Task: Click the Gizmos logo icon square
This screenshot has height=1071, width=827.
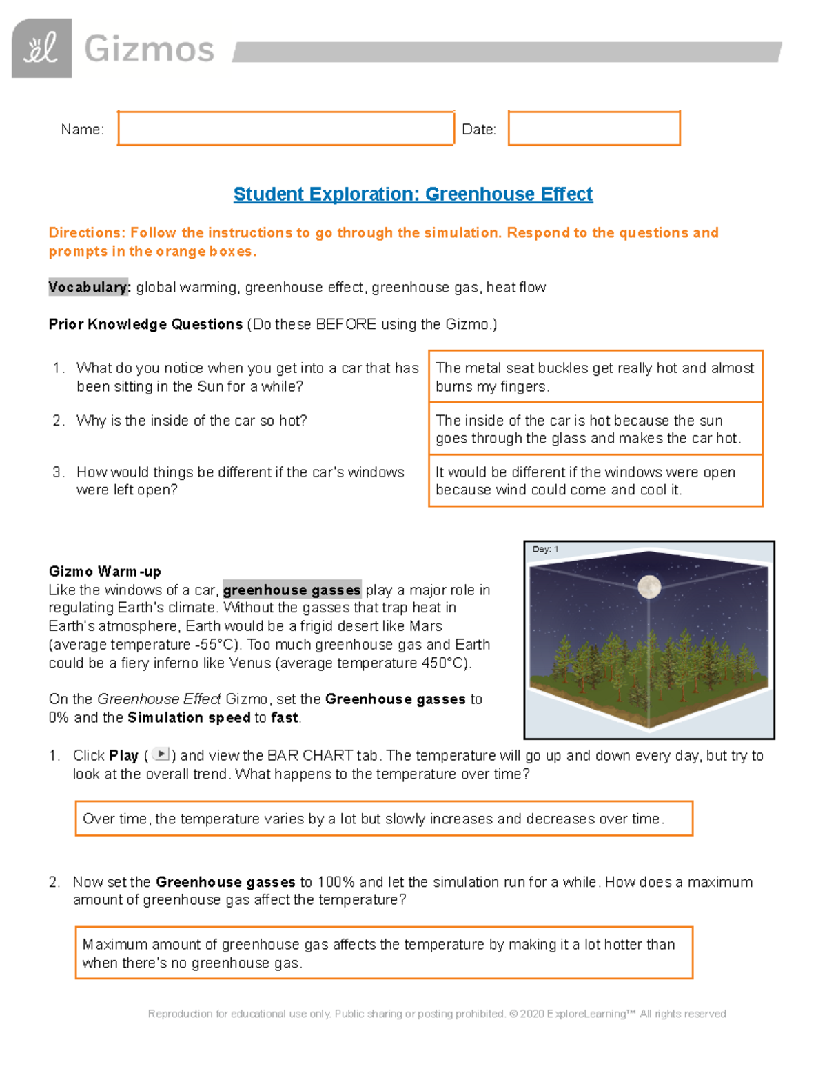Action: click(x=41, y=48)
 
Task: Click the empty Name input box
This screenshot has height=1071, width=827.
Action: click(x=285, y=128)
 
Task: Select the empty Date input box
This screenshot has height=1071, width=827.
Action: click(x=594, y=128)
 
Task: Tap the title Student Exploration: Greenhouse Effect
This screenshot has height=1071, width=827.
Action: click(x=413, y=194)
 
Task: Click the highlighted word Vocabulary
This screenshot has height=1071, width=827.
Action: click(x=89, y=287)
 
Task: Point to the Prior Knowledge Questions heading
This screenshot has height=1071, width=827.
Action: click(x=145, y=324)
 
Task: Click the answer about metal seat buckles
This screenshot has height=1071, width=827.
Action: click(x=595, y=377)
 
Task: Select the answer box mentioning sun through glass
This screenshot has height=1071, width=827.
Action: click(x=595, y=429)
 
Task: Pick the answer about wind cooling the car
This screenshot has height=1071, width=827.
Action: click(x=595, y=481)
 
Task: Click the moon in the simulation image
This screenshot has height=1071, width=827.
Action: click(x=649, y=587)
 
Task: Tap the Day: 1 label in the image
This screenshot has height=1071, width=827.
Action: click(x=545, y=550)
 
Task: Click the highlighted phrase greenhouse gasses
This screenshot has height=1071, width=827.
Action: click(x=292, y=590)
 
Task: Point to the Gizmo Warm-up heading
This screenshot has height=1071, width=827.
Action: click(x=105, y=571)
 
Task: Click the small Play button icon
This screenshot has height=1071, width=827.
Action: click(x=161, y=754)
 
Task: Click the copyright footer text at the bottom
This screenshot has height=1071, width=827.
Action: click(x=437, y=1014)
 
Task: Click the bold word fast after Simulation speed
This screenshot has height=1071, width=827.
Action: click(x=284, y=718)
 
